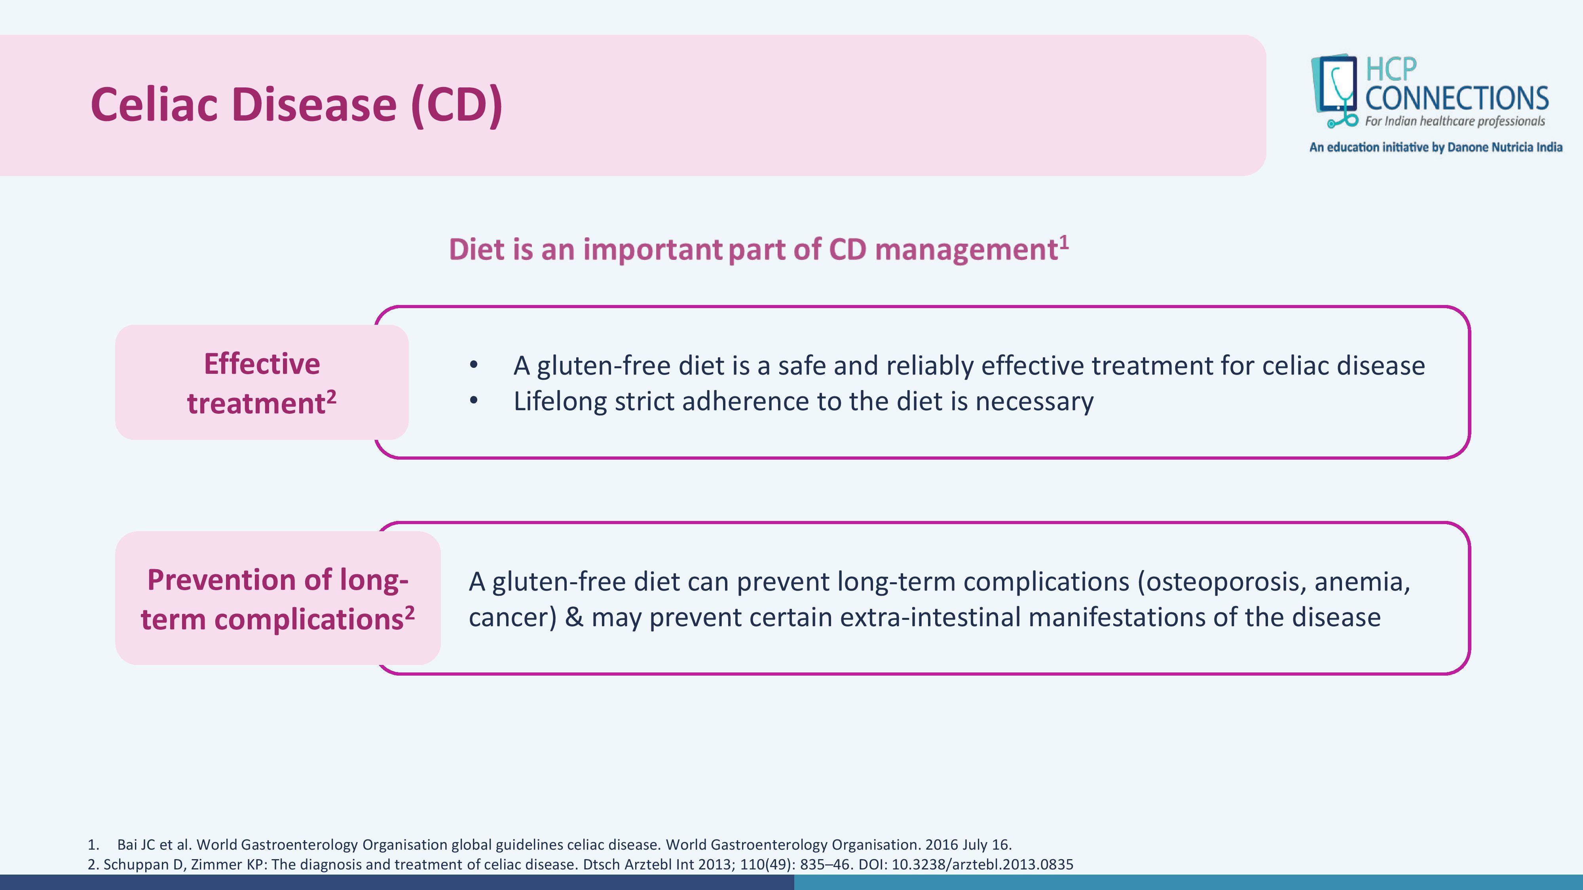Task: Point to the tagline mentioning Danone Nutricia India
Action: point(1435,148)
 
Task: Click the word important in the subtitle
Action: point(652,250)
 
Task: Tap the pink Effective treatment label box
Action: point(262,382)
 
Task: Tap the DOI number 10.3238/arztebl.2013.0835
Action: point(982,865)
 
